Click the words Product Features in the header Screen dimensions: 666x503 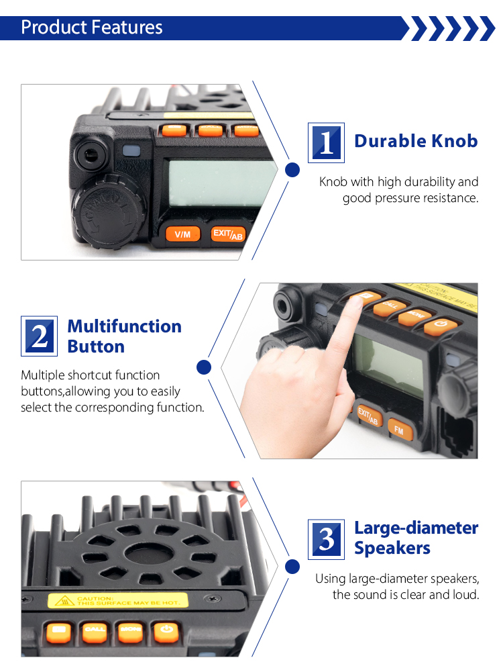click(92, 28)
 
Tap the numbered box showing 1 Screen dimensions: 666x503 click(326, 142)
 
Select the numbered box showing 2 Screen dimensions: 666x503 click(40, 336)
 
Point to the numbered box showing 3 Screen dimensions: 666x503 click(326, 538)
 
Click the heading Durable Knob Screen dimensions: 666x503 click(416, 141)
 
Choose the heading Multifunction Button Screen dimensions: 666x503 click(125, 336)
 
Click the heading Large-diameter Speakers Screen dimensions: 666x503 click(416, 538)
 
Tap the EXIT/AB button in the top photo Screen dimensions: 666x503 click(227, 234)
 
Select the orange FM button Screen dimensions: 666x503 click(399, 430)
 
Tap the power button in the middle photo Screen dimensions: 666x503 click(440, 326)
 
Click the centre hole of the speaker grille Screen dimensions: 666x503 click(144, 555)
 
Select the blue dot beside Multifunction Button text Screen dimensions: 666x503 click(205, 367)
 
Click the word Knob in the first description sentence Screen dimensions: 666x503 click(333, 182)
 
